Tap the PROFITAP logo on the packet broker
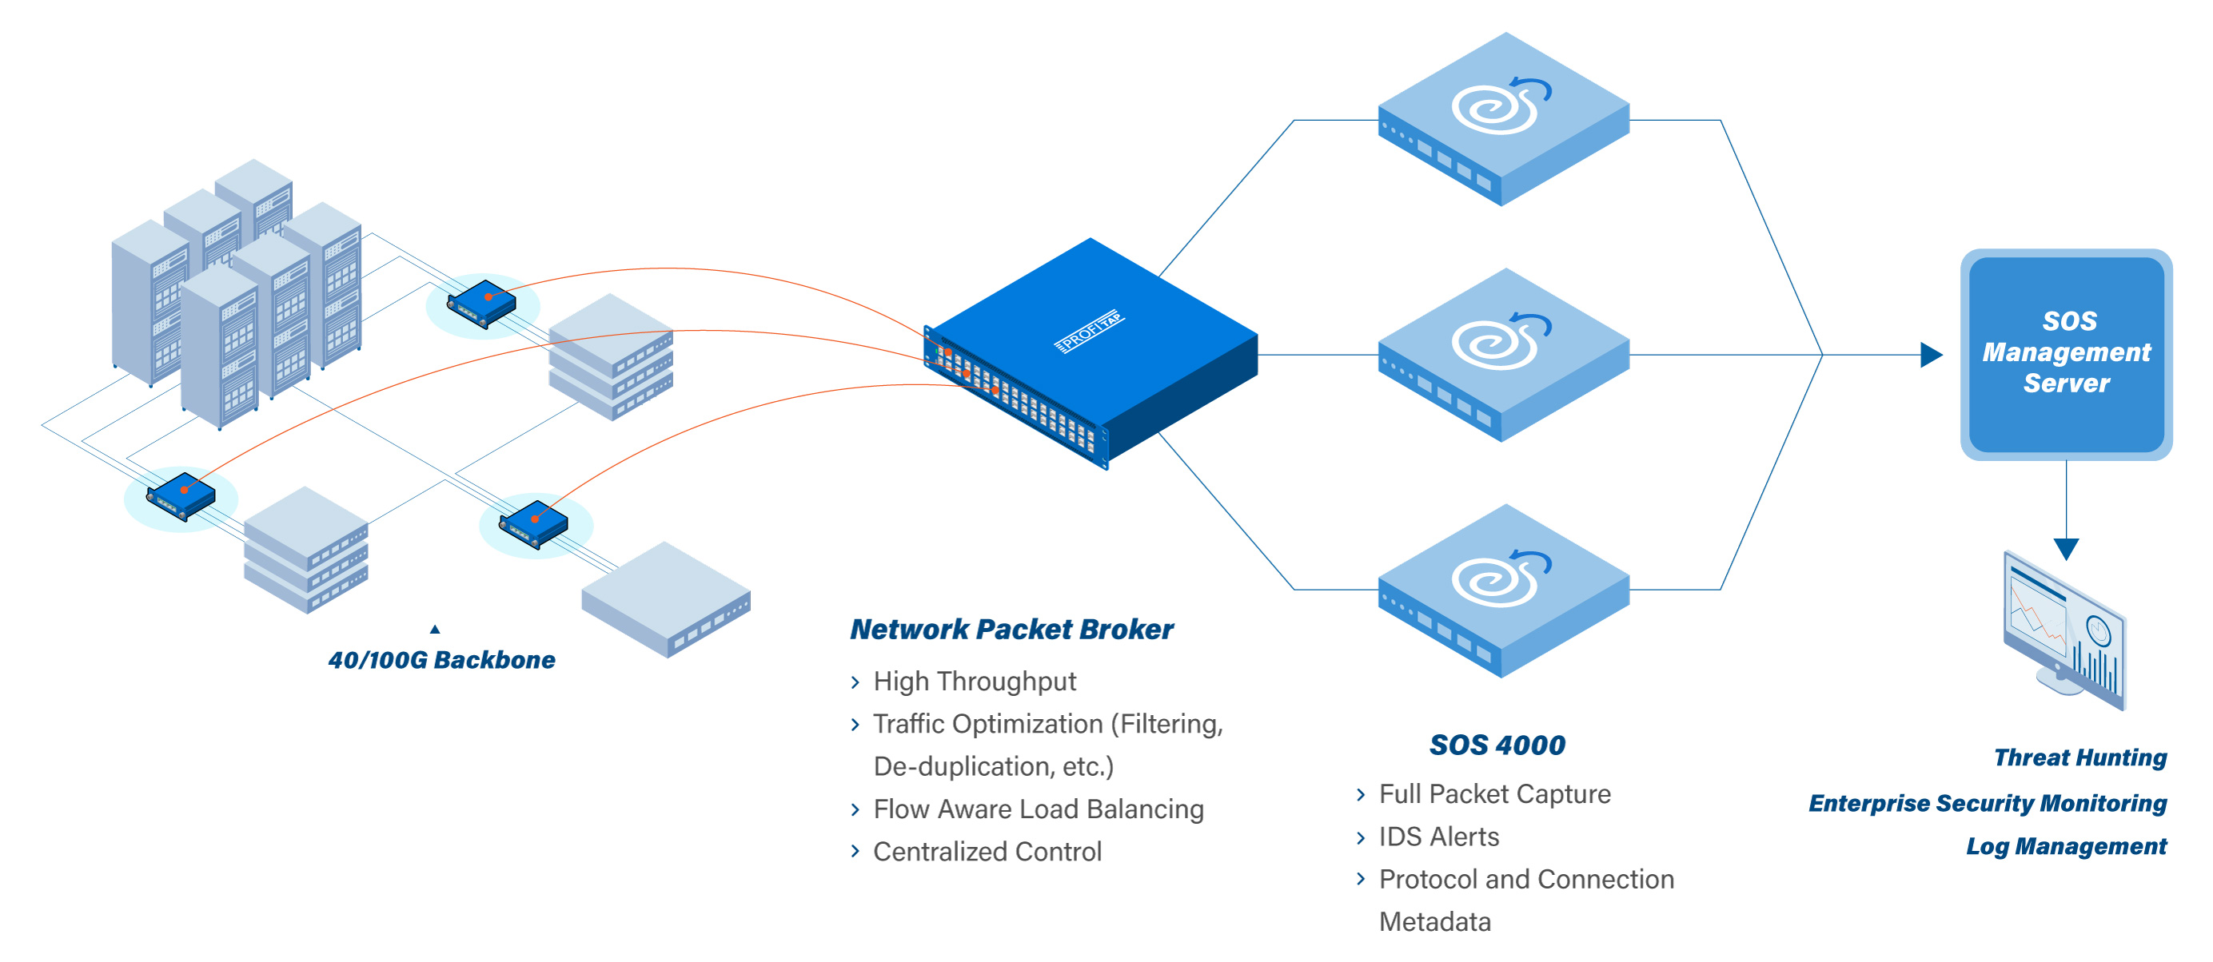click(x=1090, y=331)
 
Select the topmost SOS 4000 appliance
click(x=1502, y=120)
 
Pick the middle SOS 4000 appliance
click(x=1502, y=356)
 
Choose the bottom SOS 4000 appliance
click(x=1502, y=591)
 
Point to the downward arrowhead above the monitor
click(x=2065, y=548)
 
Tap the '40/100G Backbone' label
click(x=441, y=660)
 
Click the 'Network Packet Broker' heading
click(x=1011, y=629)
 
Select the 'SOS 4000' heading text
click(x=1497, y=745)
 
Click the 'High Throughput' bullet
click(x=975, y=681)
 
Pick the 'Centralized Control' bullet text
click(x=987, y=851)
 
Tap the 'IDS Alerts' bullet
click(x=1438, y=837)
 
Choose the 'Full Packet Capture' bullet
click(x=1494, y=793)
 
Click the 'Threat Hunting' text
click(x=2079, y=757)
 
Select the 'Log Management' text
click(x=2065, y=846)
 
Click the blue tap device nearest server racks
click(x=481, y=303)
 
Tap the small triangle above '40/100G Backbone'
click(x=435, y=630)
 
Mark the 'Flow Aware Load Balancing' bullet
click(x=1038, y=809)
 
